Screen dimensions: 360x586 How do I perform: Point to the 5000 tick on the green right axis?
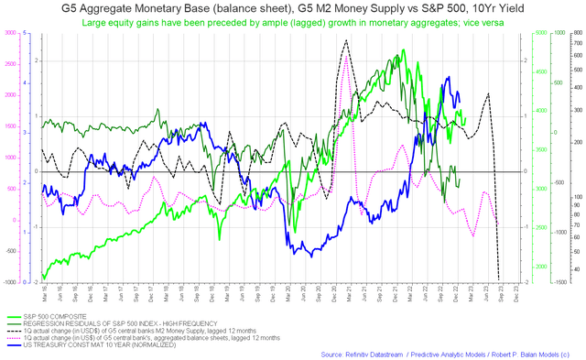click(540, 33)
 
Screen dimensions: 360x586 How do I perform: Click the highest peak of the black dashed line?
click(345, 40)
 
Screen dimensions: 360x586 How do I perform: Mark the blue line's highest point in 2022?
click(448, 78)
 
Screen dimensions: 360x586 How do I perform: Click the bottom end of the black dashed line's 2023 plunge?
click(499, 280)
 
